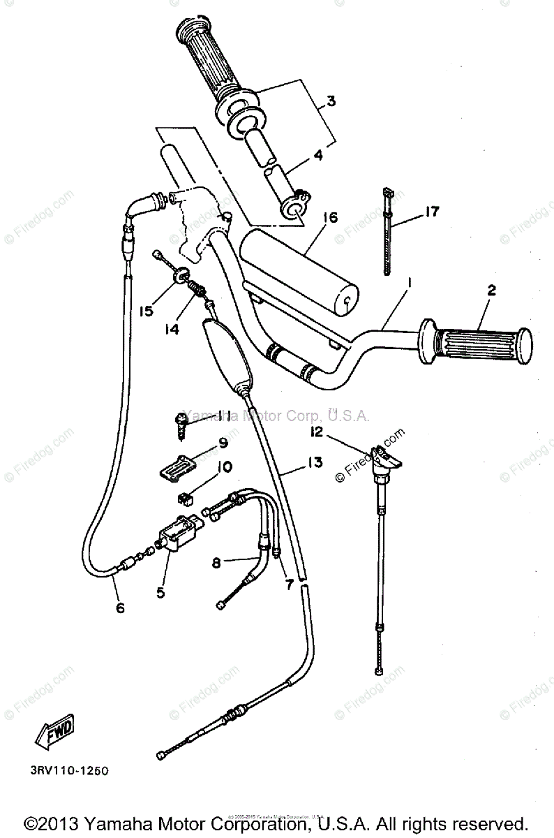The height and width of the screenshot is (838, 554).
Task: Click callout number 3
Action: click(331, 101)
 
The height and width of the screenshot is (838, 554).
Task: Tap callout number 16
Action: click(329, 218)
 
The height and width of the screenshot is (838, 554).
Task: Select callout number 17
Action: click(432, 211)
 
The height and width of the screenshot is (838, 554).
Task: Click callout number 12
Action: click(318, 432)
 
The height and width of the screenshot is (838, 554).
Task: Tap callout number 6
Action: click(120, 608)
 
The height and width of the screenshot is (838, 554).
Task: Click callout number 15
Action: click(146, 311)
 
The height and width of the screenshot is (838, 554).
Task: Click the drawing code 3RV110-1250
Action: click(69, 772)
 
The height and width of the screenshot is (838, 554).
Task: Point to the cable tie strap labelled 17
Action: click(386, 234)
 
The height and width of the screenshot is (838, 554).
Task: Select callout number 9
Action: click(223, 442)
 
